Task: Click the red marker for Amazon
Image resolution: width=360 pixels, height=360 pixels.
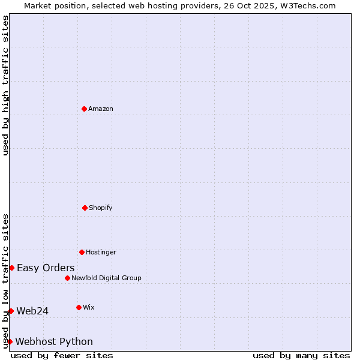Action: tap(84, 109)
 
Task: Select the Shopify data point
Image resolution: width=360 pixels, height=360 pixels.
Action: tap(85, 208)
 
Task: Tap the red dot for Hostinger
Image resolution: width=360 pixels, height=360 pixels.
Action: tap(82, 252)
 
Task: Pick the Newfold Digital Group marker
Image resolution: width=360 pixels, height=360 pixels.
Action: tap(67, 278)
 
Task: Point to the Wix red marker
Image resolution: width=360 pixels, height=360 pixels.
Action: tap(79, 307)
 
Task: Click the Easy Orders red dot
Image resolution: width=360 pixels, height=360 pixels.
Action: tap(11, 268)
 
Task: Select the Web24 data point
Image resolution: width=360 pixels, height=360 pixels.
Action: tap(11, 311)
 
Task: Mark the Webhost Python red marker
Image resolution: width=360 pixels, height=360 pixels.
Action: tap(10, 341)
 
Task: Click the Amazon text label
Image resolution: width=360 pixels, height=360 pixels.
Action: tap(101, 109)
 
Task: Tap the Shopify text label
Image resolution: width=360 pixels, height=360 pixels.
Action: tap(101, 208)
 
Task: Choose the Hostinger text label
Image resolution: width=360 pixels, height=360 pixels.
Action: tap(101, 252)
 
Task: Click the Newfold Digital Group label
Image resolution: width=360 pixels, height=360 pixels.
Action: tap(106, 278)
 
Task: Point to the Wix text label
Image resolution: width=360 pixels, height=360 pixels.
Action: tap(89, 307)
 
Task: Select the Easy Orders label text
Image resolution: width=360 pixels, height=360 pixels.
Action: tap(46, 268)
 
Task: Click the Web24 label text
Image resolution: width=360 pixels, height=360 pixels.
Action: tap(32, 311)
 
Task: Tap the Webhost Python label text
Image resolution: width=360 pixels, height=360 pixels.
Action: tap(54, 341)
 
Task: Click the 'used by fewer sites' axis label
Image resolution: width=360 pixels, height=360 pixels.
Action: tap(62, 355)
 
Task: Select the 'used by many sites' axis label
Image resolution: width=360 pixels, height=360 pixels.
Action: tap(301, 355)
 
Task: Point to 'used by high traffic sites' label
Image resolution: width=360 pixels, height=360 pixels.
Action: tap(5, 85)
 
